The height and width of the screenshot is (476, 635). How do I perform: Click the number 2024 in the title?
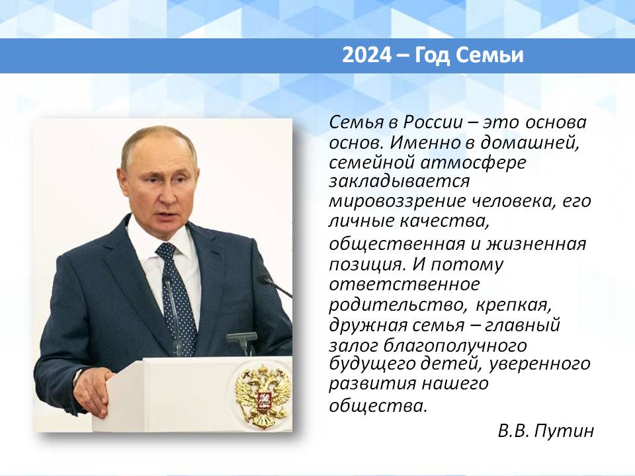pos(367,56)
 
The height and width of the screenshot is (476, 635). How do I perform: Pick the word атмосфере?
pos(473,163)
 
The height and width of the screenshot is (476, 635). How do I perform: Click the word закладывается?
pos(399,180)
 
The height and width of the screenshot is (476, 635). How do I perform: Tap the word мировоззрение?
pos(397,201)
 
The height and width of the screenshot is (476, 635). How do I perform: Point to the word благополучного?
pos(455,346)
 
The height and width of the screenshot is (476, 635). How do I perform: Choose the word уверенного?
pos(540,364)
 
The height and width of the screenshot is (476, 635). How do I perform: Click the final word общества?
pos(378,405)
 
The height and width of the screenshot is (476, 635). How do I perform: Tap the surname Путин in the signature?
pos(564,430)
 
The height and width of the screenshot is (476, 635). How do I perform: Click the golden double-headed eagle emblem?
pos(263,396)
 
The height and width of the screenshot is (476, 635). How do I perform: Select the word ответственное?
pos(403,284)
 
